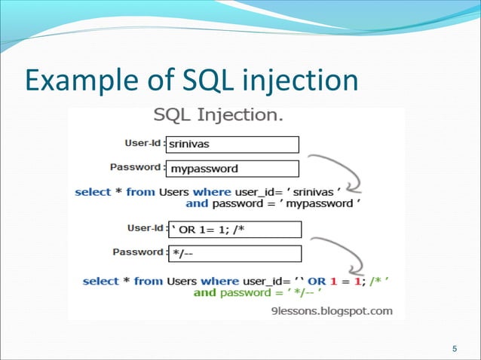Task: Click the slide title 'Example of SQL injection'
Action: click(191, 81)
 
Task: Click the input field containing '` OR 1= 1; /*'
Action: click(233, 230)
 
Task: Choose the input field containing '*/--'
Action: click(233, 254)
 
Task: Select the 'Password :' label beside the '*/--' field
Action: click(138, 252)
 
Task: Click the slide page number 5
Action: click(454, 349)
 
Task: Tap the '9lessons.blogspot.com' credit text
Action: click(335, 310)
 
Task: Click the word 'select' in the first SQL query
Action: click(92, 191)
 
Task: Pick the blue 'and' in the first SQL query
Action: click(196, 203)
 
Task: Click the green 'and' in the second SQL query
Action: click(205, 293)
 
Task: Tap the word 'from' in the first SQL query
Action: click(140, 191)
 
